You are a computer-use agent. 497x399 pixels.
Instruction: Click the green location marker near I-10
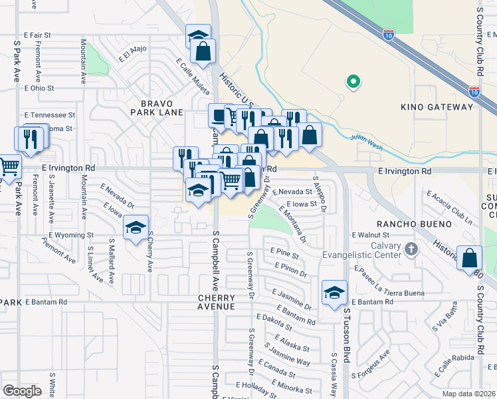pos(353,82)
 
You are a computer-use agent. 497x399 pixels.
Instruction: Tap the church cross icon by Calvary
pos(411,249)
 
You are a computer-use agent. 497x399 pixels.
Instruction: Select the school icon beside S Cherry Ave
pos(135,227)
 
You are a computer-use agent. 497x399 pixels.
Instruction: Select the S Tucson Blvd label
pos(346,332)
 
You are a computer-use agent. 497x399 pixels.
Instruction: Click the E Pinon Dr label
pos(288,271)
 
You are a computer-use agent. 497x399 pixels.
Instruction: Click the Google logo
pos(22,391)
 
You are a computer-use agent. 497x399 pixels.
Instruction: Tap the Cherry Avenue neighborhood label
pos(216,302)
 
